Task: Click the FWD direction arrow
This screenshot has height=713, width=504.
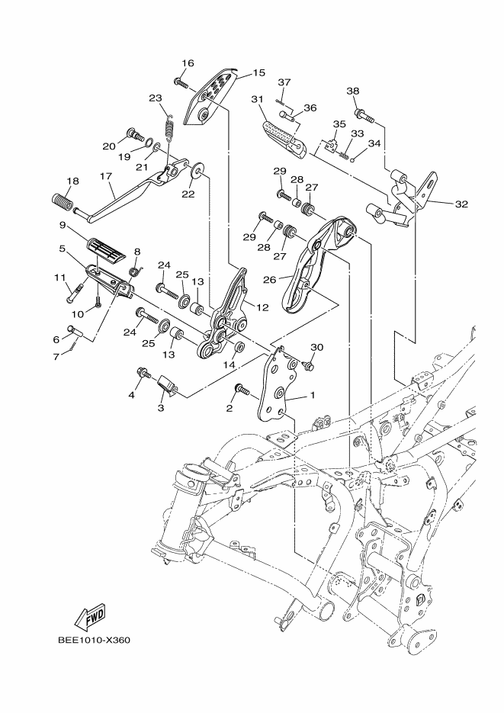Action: (x=90, y=618)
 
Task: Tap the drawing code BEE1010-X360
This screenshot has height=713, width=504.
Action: (x=94, y=641)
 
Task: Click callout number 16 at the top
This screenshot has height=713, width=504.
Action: (x=188, y=63)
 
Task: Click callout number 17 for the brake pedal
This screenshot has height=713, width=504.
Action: (x=106, y=175)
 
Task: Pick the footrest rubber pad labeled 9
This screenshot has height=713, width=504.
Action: (x=104, y=251)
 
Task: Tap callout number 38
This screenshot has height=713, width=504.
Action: (x=353, y=91)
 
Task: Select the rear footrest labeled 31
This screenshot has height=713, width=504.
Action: (x=285, y=140)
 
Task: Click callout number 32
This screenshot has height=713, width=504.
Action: (x=462, y=204)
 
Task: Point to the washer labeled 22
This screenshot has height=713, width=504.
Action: (x=198, y=170)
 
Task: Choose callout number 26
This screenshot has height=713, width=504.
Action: (x=269, y=279)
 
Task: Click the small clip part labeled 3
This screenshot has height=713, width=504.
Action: (x=166, y=386)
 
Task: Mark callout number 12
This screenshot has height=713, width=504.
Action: (x=262, y=308)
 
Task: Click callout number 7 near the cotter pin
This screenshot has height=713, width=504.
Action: (x=56, y=357)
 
